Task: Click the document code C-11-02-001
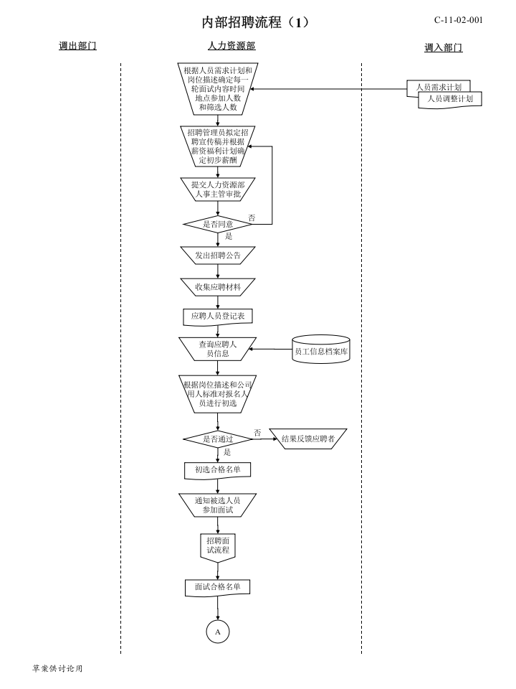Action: (459, 20)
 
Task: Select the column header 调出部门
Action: (77, 46)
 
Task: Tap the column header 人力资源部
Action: (231, 46)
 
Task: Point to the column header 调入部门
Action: (443, 47)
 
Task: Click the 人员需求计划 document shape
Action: (439, 86)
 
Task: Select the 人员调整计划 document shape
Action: (450, 99)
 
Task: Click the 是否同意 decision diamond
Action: (218, 224)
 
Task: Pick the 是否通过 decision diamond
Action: (218, 439)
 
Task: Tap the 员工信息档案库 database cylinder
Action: (321, 350)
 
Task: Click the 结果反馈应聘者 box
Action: (308, 439)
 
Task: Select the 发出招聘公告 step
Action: (218, 256)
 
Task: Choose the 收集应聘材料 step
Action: (218, 287)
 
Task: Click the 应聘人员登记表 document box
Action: (218, 317)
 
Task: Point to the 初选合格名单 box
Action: (218, 470)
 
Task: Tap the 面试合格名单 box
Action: (218, 588)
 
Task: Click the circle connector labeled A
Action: (218, 632)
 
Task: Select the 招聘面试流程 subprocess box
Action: (218, 547)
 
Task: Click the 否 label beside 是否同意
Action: (252, 218)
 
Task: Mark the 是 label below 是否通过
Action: (227, 452)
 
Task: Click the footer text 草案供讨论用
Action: (57, 668)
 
